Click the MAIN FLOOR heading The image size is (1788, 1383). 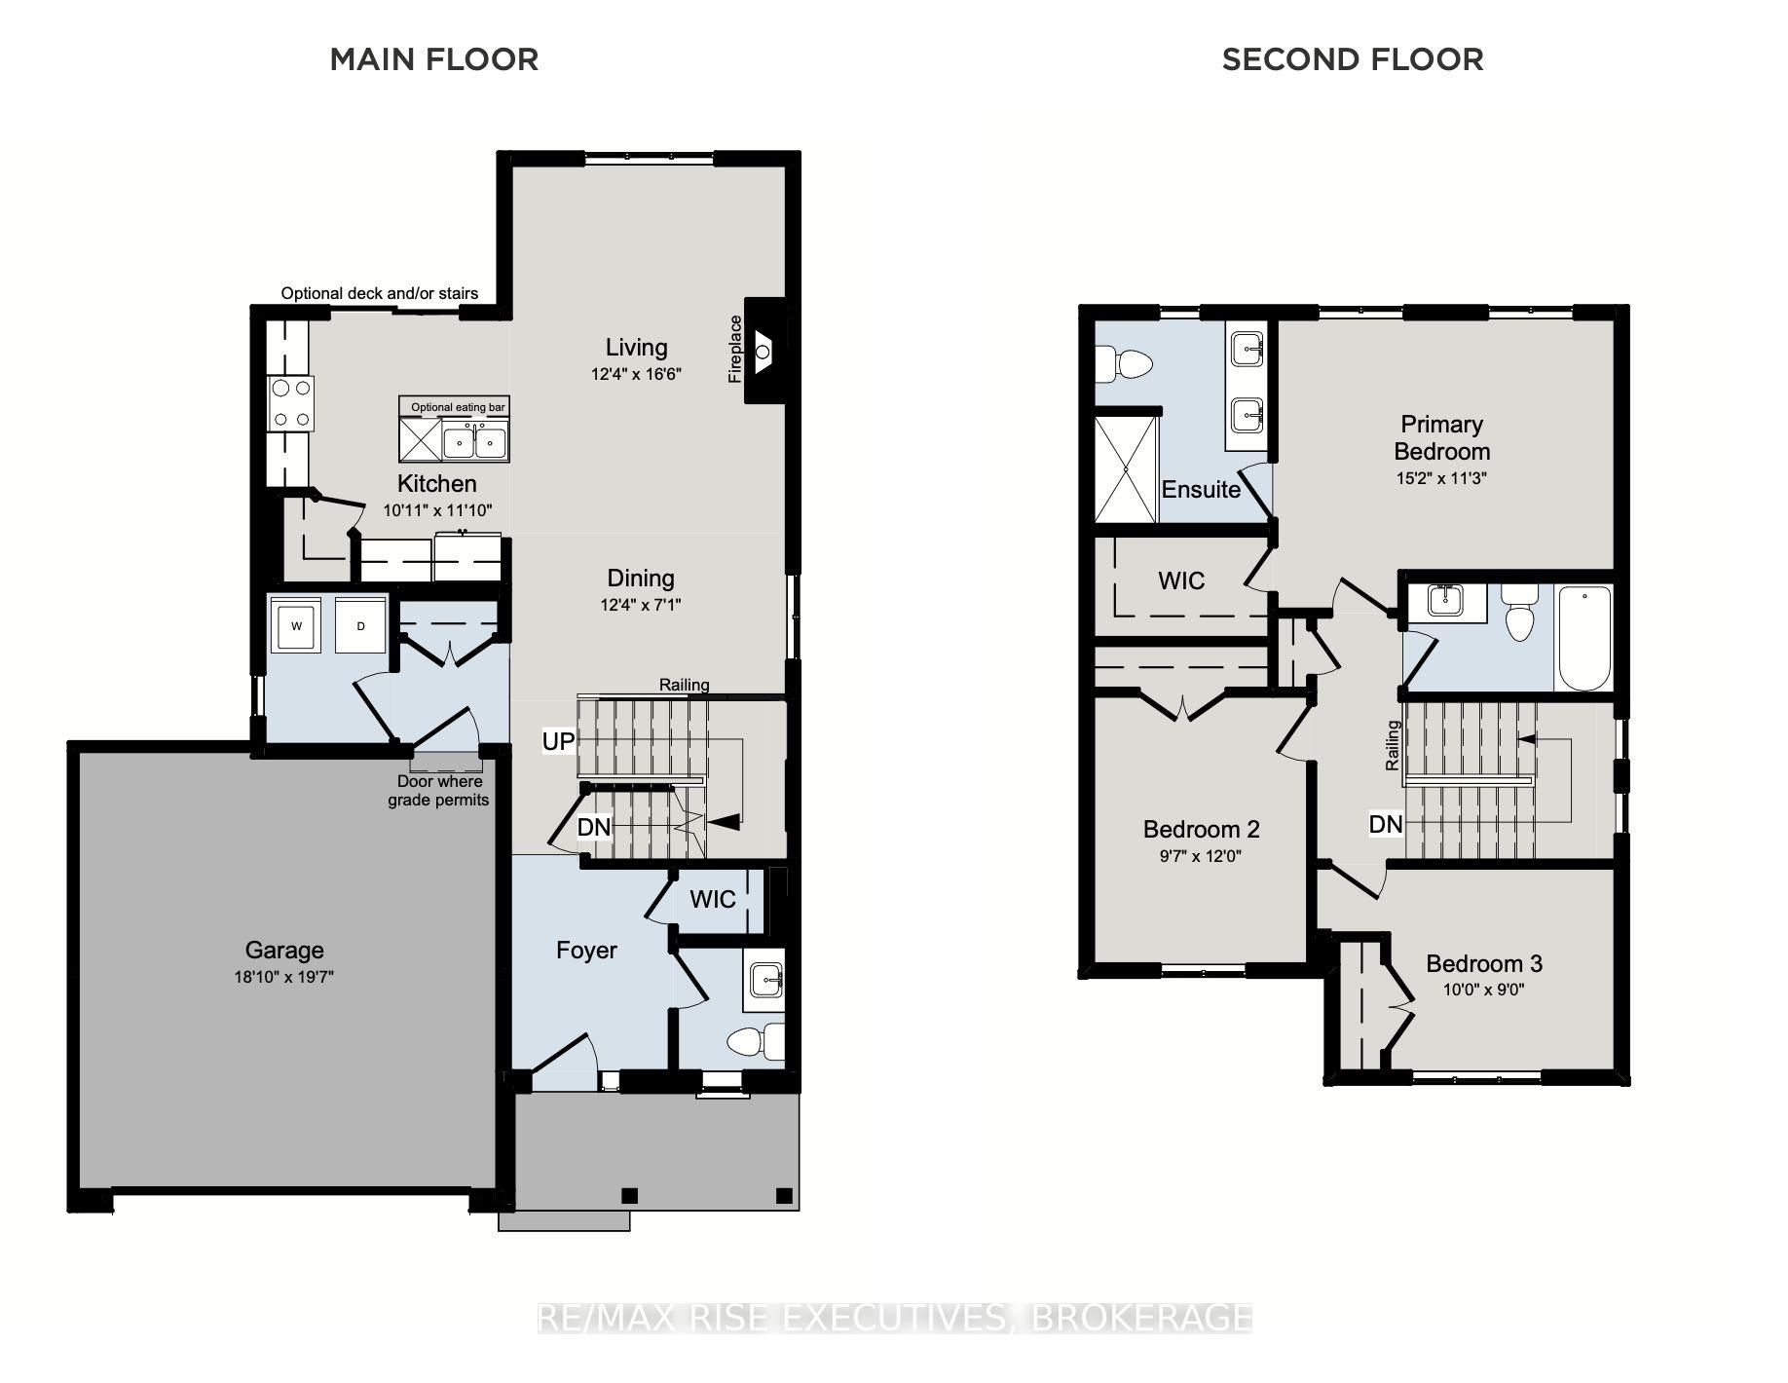point(434,59)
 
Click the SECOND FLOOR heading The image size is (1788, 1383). point(1353,59)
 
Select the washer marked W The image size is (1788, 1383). point(297,626)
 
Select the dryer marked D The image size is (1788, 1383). point(360,626)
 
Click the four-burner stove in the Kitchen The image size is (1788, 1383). point(291,403)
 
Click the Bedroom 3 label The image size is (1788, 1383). point(1483,963)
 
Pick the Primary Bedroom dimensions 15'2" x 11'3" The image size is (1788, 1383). point(1441,478)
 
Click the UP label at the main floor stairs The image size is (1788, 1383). point(558,742)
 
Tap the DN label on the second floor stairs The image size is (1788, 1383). point(1386,825)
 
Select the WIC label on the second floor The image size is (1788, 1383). point(1181,581)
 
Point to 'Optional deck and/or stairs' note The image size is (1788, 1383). point(380,293)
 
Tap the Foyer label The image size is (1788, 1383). point(586,951)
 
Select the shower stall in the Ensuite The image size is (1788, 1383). point(1126,469)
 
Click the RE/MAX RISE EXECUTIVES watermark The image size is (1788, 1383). point(894,1318)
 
